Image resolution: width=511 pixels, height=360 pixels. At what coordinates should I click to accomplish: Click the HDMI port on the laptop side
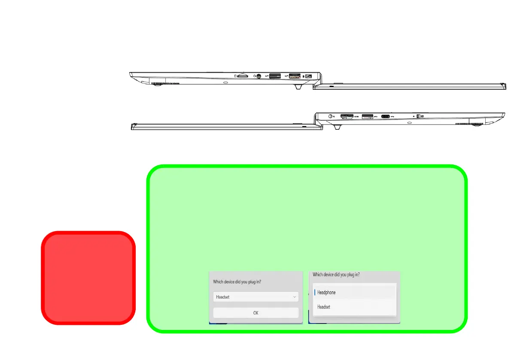[346, 116]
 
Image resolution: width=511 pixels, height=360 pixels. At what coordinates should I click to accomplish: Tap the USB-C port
[385, 116]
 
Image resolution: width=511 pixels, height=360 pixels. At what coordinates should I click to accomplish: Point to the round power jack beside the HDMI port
[330, 116]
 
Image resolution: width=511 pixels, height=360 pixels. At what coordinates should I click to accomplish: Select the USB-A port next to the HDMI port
[367, 116]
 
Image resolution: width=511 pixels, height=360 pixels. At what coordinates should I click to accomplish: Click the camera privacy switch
[418, 116]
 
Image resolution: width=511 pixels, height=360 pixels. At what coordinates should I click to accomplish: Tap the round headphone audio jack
[258, 76]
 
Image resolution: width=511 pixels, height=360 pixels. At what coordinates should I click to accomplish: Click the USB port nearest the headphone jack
[275, 76]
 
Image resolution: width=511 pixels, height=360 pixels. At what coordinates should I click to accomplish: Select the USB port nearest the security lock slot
[294, 76]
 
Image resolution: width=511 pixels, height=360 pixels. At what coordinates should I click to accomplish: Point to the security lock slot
[308, 76]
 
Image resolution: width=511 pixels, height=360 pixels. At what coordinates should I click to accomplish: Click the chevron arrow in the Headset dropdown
[295, 297]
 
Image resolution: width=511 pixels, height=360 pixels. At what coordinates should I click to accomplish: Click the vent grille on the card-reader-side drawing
[164, 83]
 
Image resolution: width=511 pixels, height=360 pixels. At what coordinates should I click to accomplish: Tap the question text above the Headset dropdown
[237, 282]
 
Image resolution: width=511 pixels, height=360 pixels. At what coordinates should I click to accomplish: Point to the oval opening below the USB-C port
[409, 122]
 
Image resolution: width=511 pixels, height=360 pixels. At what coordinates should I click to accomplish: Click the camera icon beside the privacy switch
[423, 116]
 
